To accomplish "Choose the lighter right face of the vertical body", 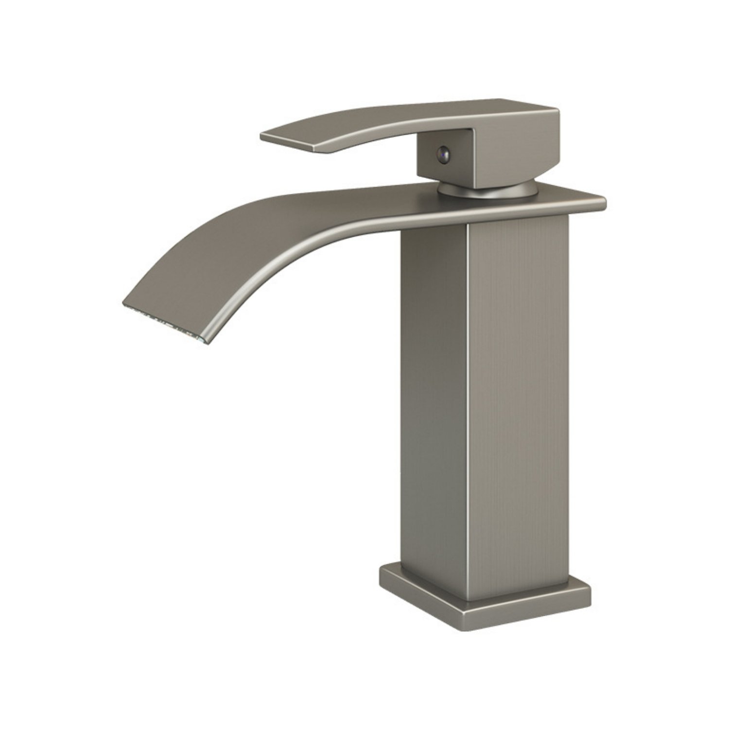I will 518,403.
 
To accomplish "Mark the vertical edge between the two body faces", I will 467,403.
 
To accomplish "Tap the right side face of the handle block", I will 515,151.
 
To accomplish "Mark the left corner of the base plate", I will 382,576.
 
